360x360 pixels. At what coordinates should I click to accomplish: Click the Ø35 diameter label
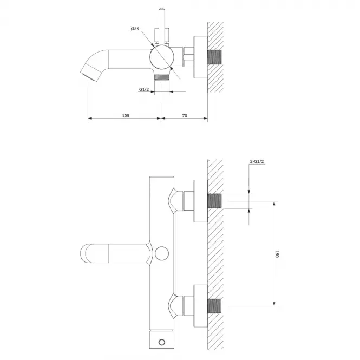(135, 29)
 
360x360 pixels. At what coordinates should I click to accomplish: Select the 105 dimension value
(126, 115)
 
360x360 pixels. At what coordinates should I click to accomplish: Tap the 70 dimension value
(185, 115)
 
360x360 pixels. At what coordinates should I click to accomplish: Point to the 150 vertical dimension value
(277, 254)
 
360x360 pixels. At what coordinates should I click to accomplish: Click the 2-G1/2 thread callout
(257, 161)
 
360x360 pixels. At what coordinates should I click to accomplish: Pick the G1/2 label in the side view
(144, 89)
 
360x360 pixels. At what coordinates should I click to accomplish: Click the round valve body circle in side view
(162, 57)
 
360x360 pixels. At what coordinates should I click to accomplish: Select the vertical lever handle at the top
(162, 26)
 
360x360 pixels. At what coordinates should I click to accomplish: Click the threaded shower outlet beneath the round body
(162, 77)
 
